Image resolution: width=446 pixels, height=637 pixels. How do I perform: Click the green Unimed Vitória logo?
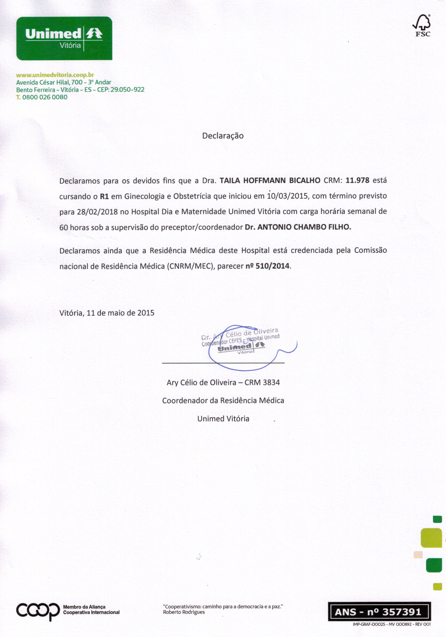[x=64, y=38]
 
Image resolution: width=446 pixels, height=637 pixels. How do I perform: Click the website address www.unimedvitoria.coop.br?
[x=55, y=75]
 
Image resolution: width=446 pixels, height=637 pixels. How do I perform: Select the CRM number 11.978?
[x=357, y=180]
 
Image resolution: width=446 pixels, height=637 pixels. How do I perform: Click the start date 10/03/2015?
[x=288, y=196]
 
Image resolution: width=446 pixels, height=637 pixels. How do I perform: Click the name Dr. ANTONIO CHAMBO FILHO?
[x=298, y=227]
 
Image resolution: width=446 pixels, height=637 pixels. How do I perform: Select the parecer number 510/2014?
[x=272, y=266]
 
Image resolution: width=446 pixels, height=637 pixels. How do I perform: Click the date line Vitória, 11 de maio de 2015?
[x=107, y=313]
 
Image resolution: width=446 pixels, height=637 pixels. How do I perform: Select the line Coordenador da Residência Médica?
[x=223, y=401]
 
